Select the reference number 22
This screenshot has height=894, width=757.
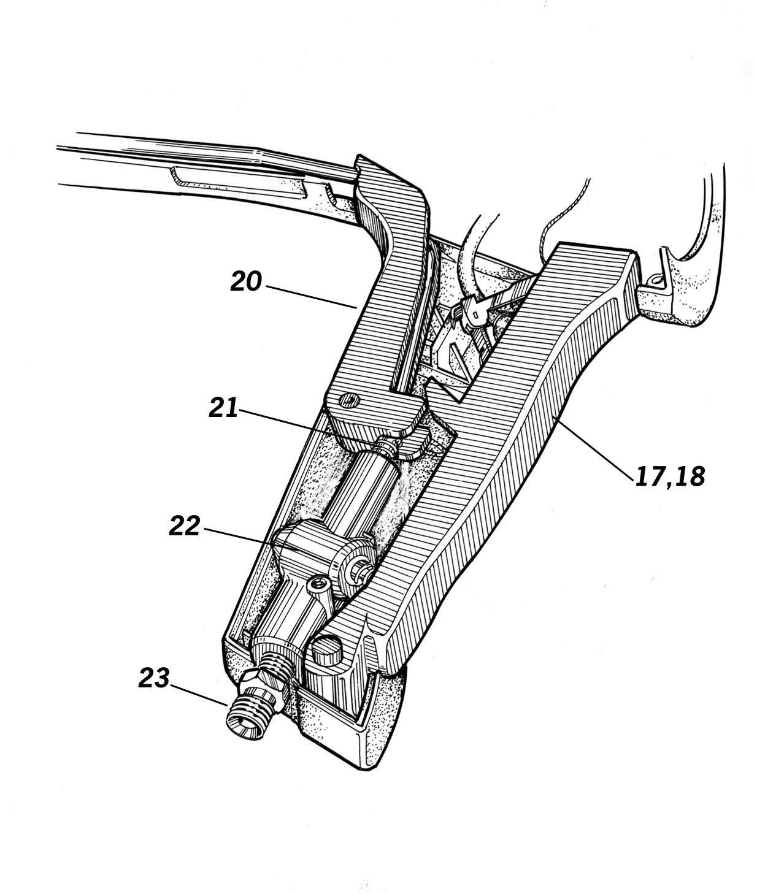click(x=185, y=526)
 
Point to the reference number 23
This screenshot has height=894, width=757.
click(x=153, y=678)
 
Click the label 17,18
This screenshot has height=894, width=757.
click(x=670, y=476)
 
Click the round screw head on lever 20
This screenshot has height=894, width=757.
click(x=350, y=400)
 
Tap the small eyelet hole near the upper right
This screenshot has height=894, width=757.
click(x=657, y=280)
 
